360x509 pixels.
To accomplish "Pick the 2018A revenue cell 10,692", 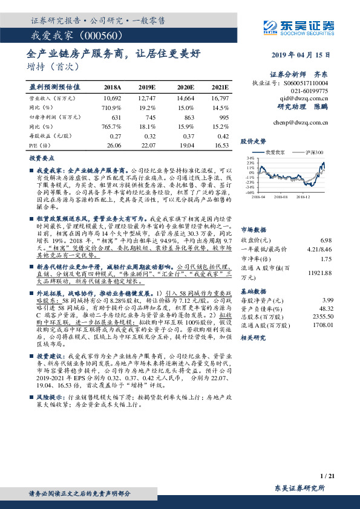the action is (x=113, y=97).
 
